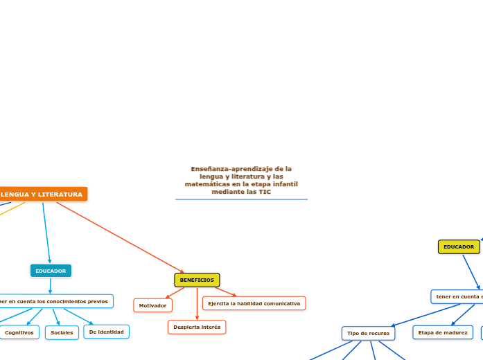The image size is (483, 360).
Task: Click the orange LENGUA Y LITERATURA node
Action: click(x=43, y=195)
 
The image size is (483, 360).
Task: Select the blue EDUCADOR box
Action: click(x=51, y=271)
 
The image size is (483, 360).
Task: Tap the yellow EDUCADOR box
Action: click(x=459, y=246)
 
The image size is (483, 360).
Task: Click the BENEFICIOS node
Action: click(x=197, y=280)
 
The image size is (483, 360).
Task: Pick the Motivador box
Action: click(x=152, y=305)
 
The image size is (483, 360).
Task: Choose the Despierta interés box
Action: click(x=197, y=327)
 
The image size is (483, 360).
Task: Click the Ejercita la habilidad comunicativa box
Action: click(x=254, y=303)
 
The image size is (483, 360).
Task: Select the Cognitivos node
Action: click(x=19, y=332)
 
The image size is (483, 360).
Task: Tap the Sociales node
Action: click(x=62, y=332)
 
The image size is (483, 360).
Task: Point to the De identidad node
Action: click(x=106, y=332)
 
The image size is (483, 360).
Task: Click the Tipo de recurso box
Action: click(x=368, y=333)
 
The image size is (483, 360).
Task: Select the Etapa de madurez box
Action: click(x=443, y=332)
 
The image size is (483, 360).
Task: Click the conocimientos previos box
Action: click(x=55, y=301)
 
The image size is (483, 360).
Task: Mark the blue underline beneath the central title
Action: click(x=241, y=199)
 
